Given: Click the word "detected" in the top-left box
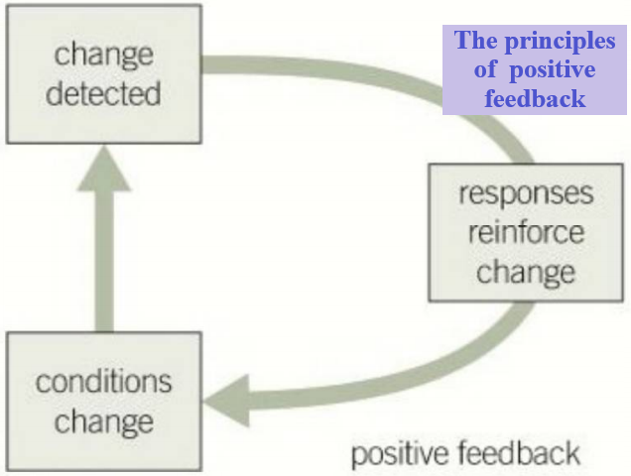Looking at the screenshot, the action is pos(103,93).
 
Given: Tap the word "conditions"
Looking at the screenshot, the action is pos(103,381).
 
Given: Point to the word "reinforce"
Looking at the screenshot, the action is pos(526,232).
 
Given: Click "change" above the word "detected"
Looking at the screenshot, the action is pos(104,57).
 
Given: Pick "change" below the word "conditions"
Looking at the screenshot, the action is pos(104,423).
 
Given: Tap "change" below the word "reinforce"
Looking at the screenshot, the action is pos(526,274).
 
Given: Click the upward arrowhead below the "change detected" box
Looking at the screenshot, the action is pos(104,169).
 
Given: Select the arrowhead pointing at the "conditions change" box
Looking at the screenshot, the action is pos(227,401).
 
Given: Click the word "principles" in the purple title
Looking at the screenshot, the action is pos(560,42).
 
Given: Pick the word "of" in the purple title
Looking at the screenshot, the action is pos(485,69).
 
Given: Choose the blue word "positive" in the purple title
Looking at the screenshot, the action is pos(552,70).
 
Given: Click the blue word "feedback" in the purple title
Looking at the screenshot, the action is pos(535,98).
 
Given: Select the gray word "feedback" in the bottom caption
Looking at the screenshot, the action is pos(520,452).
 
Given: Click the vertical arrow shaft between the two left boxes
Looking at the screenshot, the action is pos(104,261).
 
